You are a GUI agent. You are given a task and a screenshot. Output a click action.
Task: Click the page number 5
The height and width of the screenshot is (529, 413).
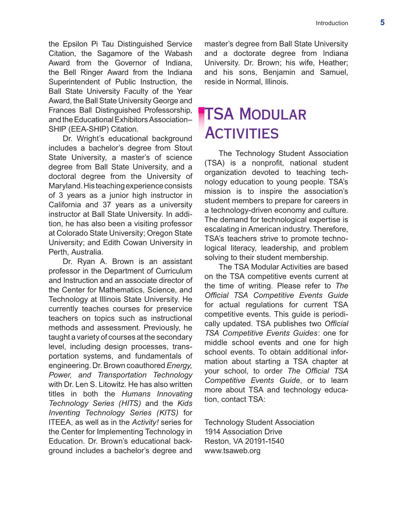[x=382, y=23]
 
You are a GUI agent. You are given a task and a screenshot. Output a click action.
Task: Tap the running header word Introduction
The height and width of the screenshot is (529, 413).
[x=332, y=23]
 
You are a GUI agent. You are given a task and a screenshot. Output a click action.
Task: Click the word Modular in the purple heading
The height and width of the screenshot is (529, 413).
[x=273, y=115]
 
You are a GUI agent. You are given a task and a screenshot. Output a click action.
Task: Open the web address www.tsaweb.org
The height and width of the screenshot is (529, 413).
[x=232, y=451]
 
